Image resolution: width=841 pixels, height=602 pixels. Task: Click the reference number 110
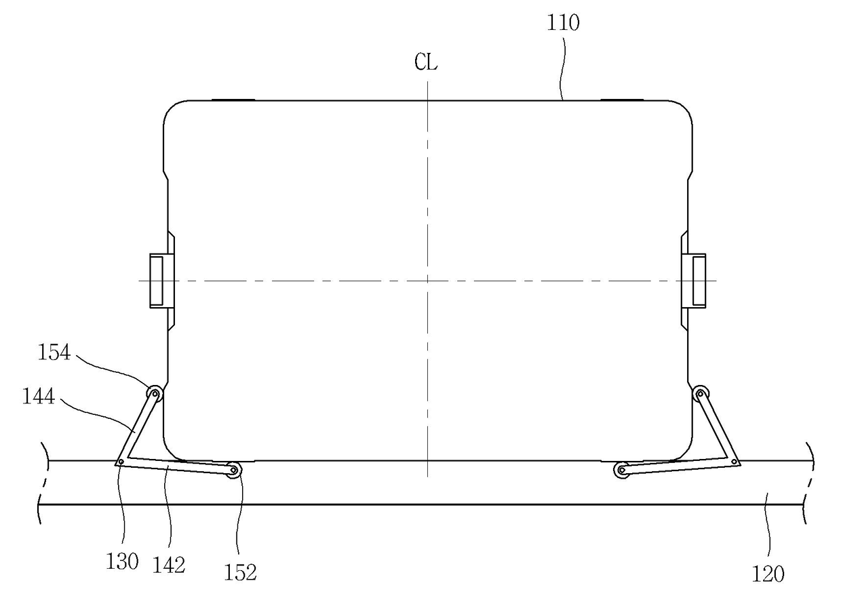[562, 22]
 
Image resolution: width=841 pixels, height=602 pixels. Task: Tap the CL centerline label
[426, 62]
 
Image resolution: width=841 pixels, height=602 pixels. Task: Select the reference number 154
[54, 353]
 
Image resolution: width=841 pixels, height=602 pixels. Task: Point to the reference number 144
[39, 397]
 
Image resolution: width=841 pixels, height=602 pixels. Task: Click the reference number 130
[122, 562]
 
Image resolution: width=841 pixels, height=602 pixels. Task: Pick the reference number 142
[169, 565]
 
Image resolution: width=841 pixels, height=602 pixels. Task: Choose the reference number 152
[240, 573]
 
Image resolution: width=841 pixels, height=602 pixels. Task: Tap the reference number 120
[768, 574]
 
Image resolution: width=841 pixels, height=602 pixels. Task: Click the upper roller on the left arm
[155, 394]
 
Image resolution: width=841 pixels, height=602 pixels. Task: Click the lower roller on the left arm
[233, 470]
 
